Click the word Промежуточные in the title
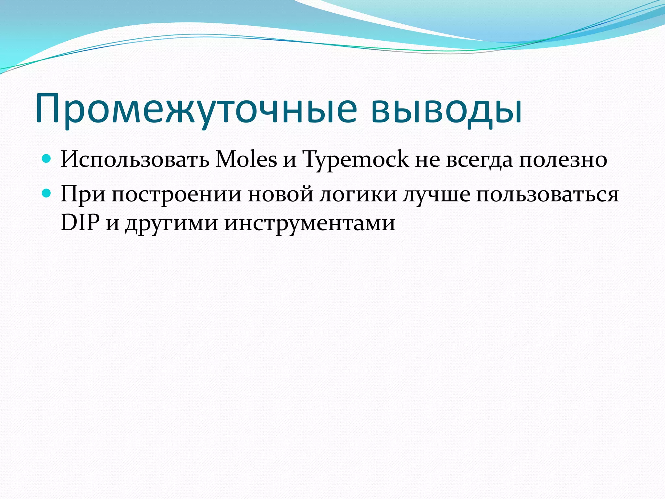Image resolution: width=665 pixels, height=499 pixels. tap(196, 109)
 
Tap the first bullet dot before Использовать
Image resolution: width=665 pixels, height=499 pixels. tap(47, 159)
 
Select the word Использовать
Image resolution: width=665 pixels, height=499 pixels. tap(135, 160)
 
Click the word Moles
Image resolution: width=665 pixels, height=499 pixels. tap(246, 160)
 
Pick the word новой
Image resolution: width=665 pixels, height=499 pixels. tap(281, 194)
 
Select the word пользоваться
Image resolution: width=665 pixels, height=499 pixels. tap(547, 194)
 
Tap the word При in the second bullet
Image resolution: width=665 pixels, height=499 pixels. tap(83, 194)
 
